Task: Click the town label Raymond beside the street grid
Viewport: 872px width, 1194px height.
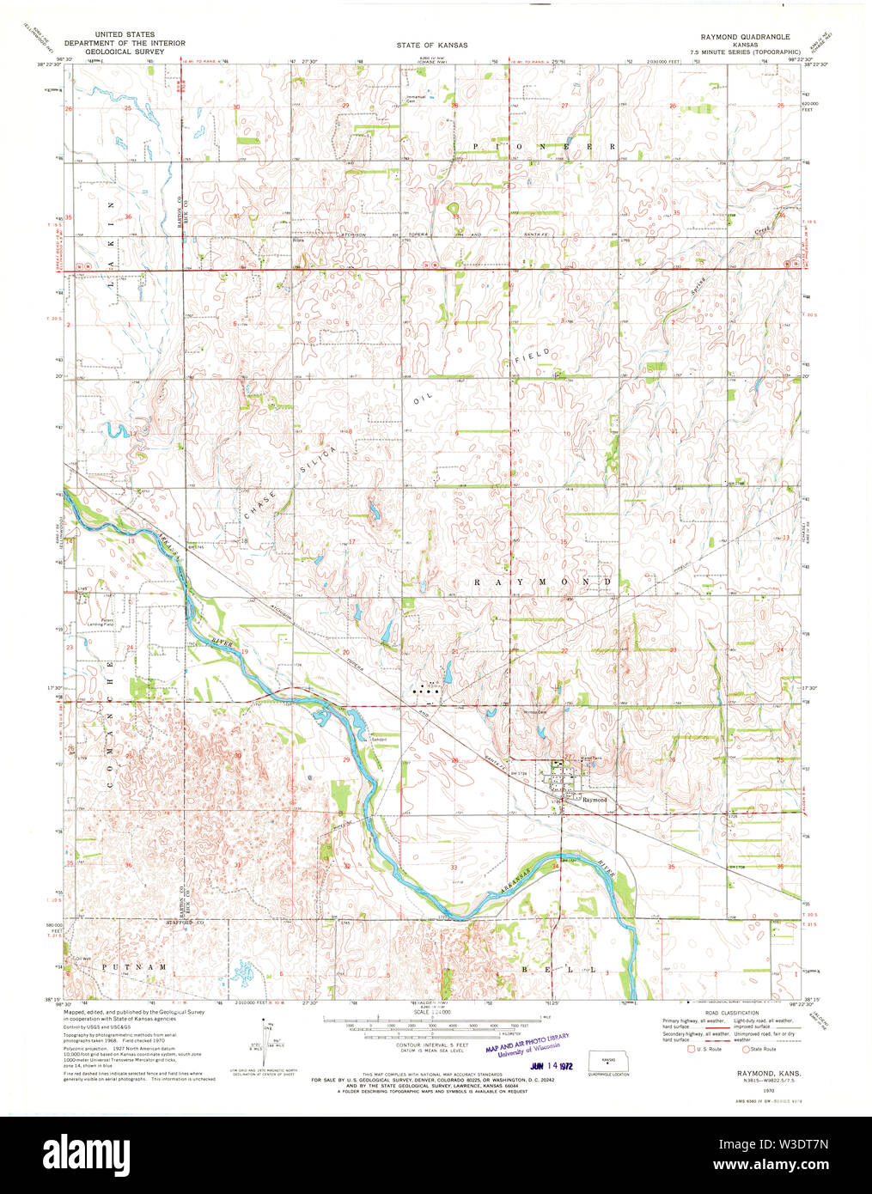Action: pyautogui.click(x=595, y=800)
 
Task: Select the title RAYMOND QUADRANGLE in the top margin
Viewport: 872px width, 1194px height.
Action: pyautogui.click(x=745, y=37)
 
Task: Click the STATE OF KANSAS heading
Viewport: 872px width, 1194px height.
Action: pyautogui.click(x=432, y=45)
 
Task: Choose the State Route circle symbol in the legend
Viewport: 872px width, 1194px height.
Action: pyautogui.click(x=746, y=1049)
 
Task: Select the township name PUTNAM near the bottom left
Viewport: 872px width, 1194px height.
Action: pyautogui.click(x=133, y=967)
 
